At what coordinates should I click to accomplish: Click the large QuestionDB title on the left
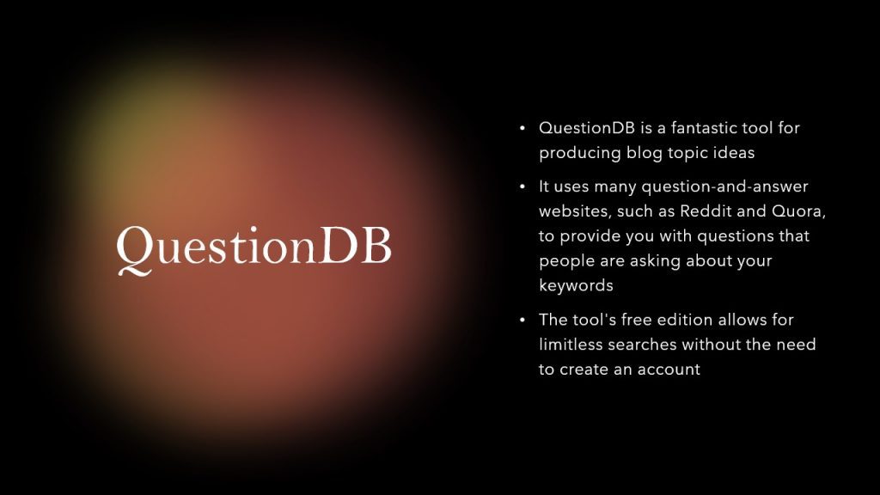pos(254,249)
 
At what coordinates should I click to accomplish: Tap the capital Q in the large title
pos(135,250)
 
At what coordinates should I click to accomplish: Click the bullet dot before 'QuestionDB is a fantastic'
pos(522,129)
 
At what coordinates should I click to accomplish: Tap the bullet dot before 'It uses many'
pos(522,186)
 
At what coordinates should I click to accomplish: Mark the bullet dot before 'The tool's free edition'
pos(522,321)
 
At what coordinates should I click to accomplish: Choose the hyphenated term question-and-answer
pos(724,186)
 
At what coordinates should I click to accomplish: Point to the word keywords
pos(576,285)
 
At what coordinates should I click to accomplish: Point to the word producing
pos(580,153)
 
